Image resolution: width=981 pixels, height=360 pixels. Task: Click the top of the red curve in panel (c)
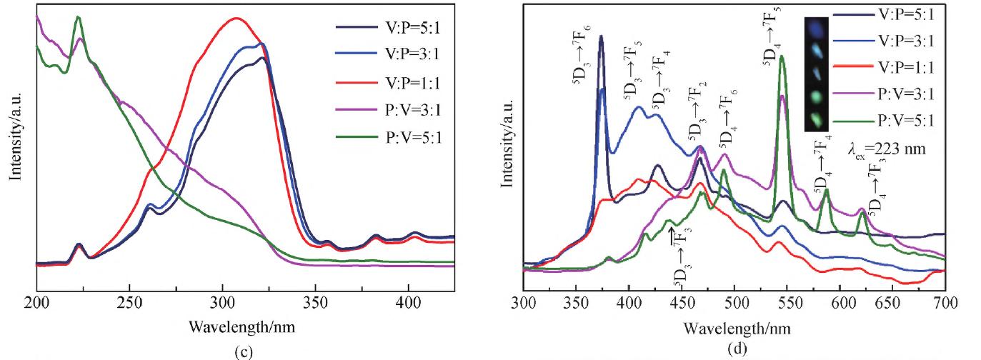pos(236,19)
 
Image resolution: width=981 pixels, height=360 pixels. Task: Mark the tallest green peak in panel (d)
pos(782,56)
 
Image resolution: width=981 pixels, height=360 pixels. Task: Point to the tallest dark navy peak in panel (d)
pos(601,36)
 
